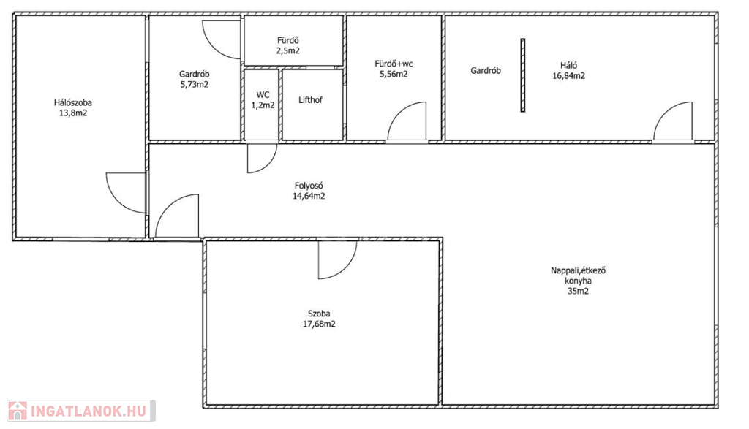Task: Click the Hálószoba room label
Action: (72, 102)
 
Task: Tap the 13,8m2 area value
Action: (72, 113)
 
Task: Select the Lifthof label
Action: (310, 100)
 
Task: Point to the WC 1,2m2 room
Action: (261, 105)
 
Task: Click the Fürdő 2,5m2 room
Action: (293, 40)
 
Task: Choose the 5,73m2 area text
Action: (194, 85)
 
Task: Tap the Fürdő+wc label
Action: (394, 64)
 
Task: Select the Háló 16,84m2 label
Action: (568, 71)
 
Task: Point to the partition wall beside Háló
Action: (522, 75)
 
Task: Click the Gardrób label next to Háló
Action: (486, 71)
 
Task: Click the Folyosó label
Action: (309, 186)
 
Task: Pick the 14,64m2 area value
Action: (309, 196)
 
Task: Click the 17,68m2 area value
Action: (319, 324)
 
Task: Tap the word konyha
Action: (578, 281)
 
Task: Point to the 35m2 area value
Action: (578, 291)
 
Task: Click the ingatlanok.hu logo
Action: (81, 411)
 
